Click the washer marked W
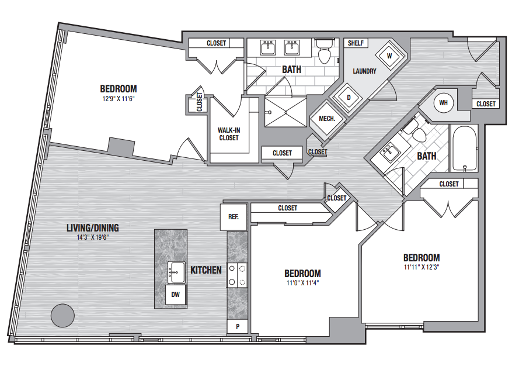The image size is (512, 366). [x=389, y=56]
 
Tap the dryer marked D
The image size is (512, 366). [x=349, y=98]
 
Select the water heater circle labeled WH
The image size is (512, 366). [x=443, y=103]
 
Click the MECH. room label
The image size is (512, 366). [x=327, y=119]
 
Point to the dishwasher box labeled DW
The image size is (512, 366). [x=176, y=295]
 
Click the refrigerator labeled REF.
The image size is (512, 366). [x=233, y=217]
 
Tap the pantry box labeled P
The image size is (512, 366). [x=238, y=326]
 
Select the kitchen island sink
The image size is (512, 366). [x=176, y=272]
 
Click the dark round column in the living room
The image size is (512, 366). [x=62, y=315]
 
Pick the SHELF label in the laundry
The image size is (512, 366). [x=356, y=43]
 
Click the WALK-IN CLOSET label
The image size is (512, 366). [x=229, y=134]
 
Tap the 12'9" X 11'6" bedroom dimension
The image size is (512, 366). [x=119, y=98]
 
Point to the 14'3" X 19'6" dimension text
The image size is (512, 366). [x=93, y=237]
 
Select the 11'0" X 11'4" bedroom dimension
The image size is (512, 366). [x=302, y=282]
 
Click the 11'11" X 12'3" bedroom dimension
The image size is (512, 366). [x=422, y=267]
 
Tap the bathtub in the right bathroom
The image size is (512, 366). [x=464, y=148]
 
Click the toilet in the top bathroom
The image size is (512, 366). [x=325, y=51]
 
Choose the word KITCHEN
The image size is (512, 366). [x=206, y=270]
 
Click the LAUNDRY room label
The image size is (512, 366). [x=364, y=71]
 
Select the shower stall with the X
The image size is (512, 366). [x=285, y=112]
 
